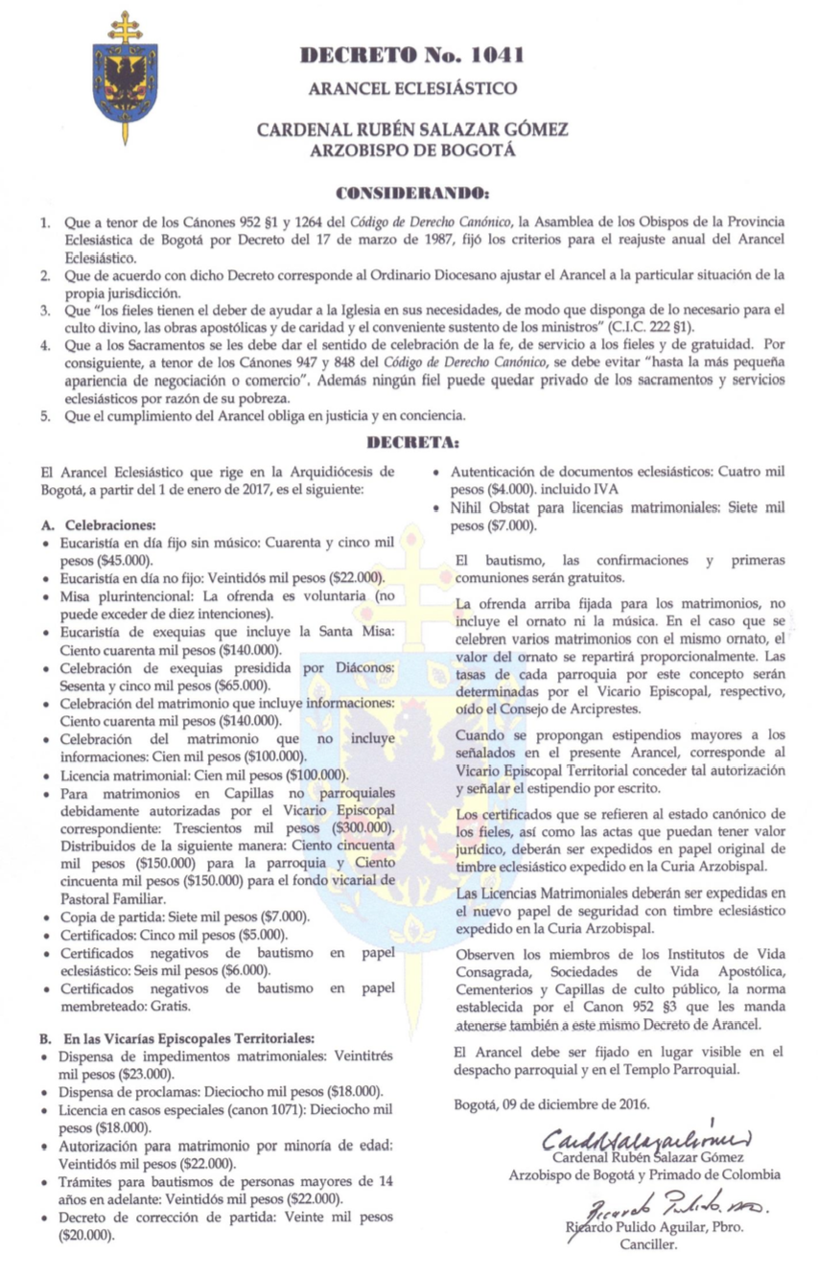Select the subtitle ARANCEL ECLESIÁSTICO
click(412, 89)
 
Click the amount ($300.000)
click(361, 827)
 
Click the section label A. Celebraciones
click(98, 526)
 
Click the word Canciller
click(648, 1245)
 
